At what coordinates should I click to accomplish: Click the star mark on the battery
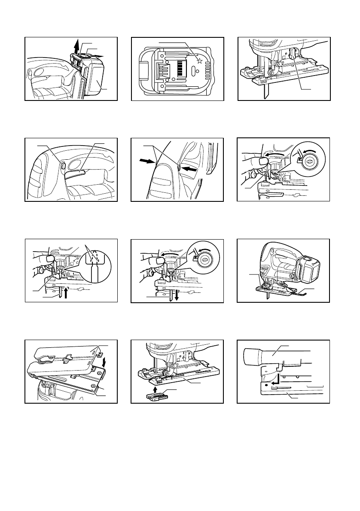pos(198,61)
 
